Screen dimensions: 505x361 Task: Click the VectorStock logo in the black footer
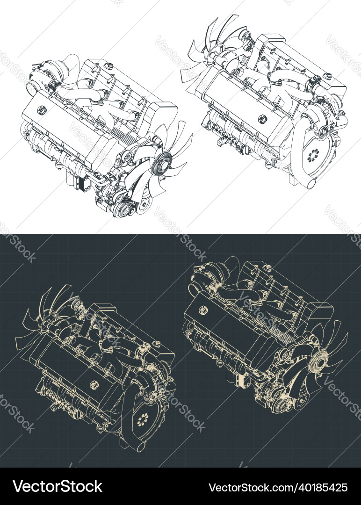[x=58, y=486]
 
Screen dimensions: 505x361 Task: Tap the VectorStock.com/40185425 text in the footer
[x=278, y=487]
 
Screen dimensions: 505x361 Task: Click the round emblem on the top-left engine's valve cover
[x=42, y=110]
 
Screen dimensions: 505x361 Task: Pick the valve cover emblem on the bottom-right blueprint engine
[x=204, y=309]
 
